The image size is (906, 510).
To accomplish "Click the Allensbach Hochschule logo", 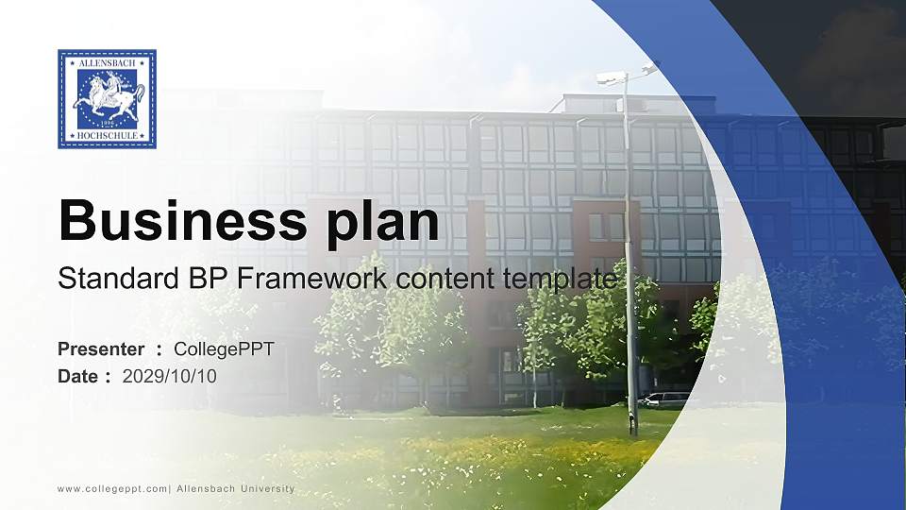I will tap(107, 99).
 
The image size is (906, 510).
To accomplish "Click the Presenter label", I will tap(101, 349).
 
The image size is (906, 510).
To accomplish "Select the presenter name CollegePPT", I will tap(224, 349).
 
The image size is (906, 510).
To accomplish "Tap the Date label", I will tap(78, 376).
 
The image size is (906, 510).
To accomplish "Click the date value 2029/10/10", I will tap(170, 376).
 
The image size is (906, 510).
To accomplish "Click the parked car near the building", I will tap(664, 399).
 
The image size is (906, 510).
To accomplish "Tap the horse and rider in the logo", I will tap(108, 97).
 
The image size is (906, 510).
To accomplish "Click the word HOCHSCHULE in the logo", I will tap(107, 137).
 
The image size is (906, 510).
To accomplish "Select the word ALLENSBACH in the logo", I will tap(107, 60).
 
